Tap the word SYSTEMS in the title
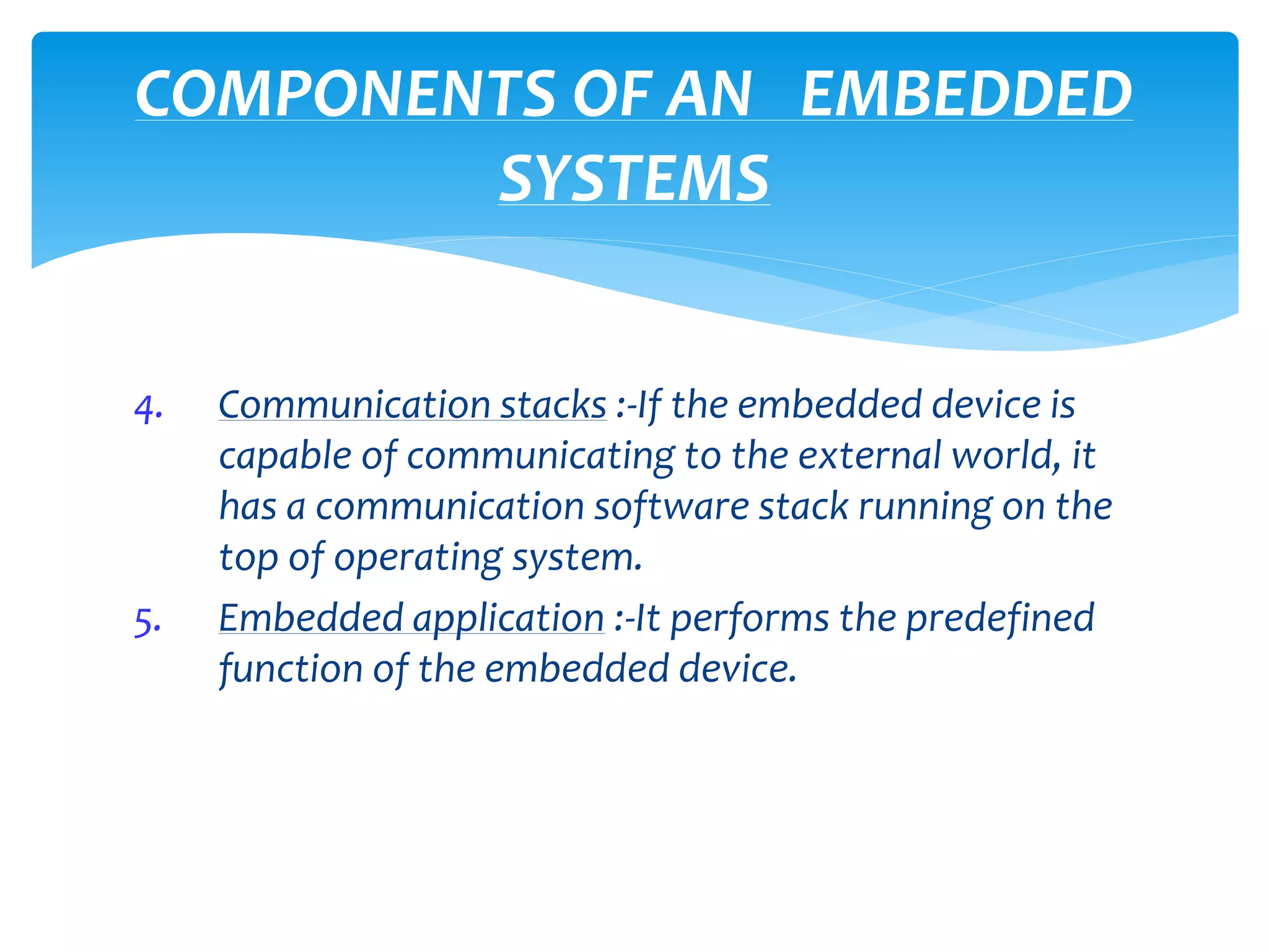click(x=634, y=180)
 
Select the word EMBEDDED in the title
click(x=967, y=94)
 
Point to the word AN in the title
click(x=708, y=94)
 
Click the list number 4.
click(x=148, y=409)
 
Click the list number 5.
click(x=147, y=622)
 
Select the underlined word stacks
click(x=553, y=405)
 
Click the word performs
click(x=750, y=619)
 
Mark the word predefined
click(x=999, y=619)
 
